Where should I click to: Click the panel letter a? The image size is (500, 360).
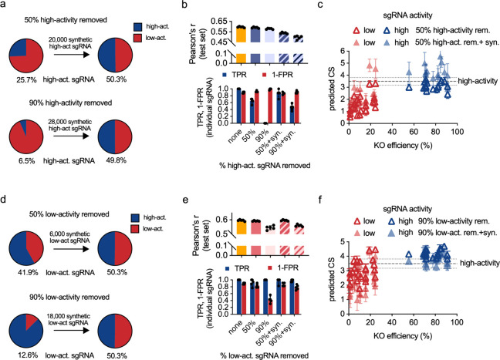click(x=5, y=5)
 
